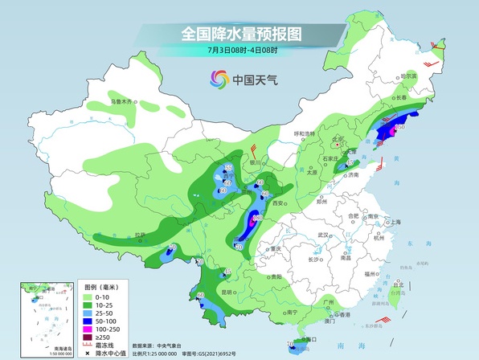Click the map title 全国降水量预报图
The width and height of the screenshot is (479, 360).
[240, 34]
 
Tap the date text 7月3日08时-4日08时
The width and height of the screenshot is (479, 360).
[240, 51]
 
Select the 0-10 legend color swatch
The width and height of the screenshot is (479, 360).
[91, 297]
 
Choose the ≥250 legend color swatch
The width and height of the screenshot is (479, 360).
[91, 337]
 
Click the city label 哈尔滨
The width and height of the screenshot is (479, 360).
[410, 76]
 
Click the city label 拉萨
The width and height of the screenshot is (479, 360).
[141, 235]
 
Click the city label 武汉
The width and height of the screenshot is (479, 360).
[324, 235]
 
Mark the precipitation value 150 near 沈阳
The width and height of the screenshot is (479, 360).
[399, 126]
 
